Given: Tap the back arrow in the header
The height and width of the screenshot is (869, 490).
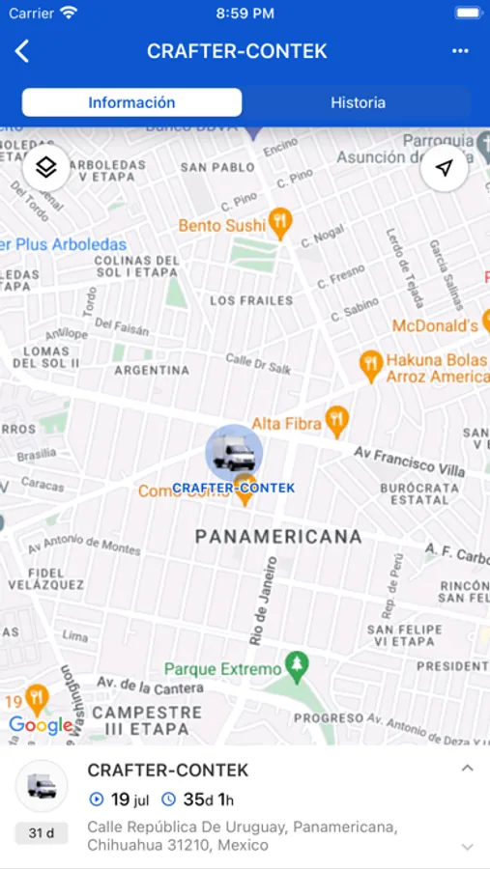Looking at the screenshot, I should coord(22,51).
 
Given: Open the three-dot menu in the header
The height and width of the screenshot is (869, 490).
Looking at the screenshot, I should coord(460,51).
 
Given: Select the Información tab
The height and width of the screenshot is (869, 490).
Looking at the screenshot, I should coord(132,102).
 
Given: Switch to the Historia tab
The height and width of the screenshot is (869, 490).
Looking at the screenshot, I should coord(358,102).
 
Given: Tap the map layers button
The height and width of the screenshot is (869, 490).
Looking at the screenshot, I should coord(46,168).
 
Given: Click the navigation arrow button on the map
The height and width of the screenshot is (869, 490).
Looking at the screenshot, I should coord(444,168).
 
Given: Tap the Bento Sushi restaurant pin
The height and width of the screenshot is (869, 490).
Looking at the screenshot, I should coord(280,223).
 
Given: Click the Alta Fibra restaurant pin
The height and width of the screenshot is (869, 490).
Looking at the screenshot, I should coord(336,420).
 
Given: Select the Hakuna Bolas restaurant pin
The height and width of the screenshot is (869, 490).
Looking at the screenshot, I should coord(369,363).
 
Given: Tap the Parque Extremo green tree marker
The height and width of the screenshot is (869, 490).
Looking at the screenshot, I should coord(298,666).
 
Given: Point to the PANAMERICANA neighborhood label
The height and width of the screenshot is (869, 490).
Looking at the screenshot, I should coord(278,537).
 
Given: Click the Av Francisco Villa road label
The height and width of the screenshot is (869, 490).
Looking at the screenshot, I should coord(408,462).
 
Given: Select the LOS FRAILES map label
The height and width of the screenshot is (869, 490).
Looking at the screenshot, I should coord(251,300).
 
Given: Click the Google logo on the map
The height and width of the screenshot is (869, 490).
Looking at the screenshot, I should coord(41,725).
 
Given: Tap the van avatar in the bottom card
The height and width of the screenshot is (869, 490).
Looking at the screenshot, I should coord(42,786).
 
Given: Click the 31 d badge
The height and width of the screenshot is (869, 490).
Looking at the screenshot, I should coord(42,833).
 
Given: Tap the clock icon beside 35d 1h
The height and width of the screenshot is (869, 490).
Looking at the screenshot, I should coord(168,799).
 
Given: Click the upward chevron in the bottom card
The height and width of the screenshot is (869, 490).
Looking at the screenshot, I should coord(467,770).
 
